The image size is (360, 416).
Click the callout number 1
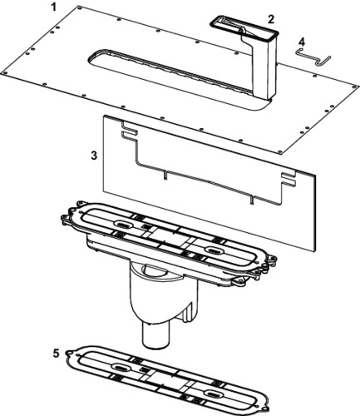click(53, 7)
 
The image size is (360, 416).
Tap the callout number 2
click(270, 19)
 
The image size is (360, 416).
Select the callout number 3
click(94, 156)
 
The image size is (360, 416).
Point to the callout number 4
click(302, 42)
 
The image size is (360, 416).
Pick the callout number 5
click(56, 354)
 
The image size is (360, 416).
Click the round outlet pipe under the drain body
click(155, 334)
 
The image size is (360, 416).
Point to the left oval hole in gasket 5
click(120, 367)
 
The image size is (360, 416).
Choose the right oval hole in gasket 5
click(213, 393)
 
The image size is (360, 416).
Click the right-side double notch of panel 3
click(288, 180)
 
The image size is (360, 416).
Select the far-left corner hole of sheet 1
click(4, 73)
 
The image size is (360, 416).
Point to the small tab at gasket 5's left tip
click(67, 354)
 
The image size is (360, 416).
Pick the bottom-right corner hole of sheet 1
click(280, 151)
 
